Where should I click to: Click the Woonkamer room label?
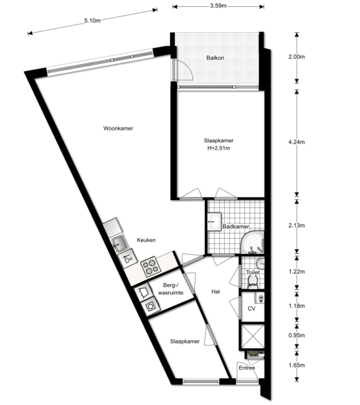point(118,128)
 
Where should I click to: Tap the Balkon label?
point(215,58)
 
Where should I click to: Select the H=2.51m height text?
point(219,148)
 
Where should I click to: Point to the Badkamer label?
point(236,227)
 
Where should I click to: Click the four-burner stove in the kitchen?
point(150,266)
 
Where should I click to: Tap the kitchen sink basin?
point(119,243)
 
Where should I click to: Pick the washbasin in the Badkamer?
point(214,222)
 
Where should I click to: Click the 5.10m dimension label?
point(92,21)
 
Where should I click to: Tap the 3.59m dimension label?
point(218,6)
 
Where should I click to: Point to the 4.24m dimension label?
point(296,142)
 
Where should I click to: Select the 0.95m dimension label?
point(296,335)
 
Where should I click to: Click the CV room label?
point(252,308)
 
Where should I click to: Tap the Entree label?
point(247,368)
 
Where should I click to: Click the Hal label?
point(216,291)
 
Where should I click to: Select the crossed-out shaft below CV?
point(253,336)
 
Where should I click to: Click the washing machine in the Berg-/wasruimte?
point(150,307)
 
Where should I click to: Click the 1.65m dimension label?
point(296,365)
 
